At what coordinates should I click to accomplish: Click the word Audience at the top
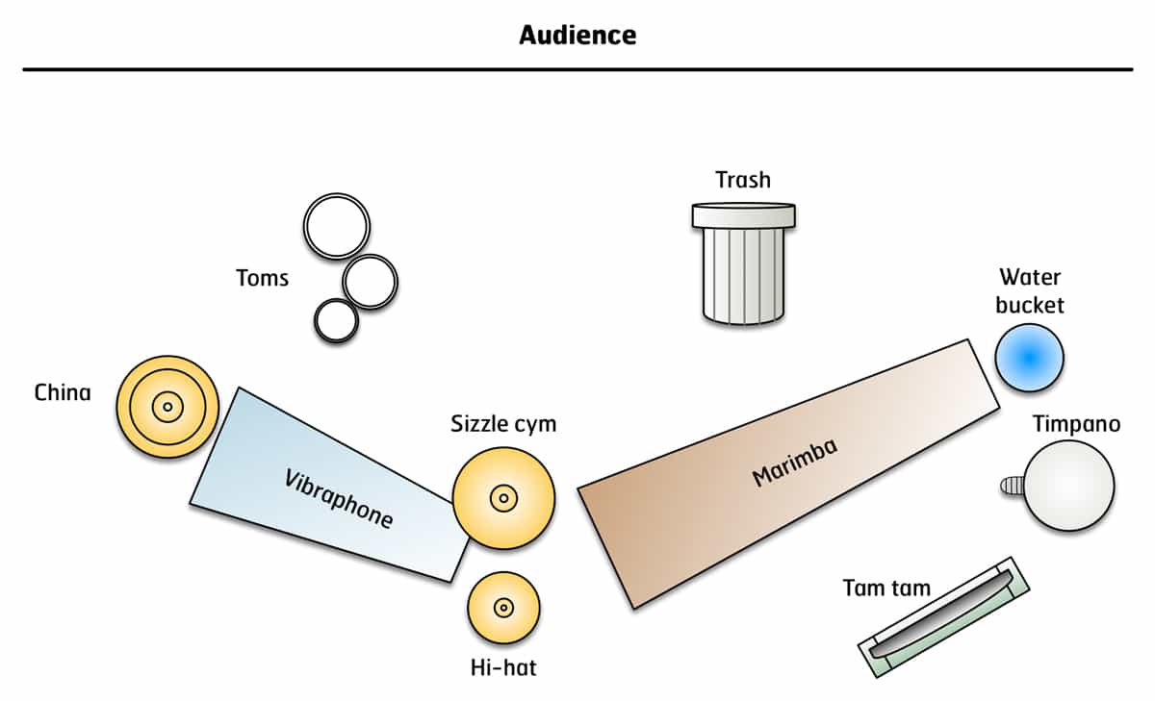pos(577,36)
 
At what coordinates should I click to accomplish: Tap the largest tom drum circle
pos(336,226)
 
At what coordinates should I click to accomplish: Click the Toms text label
pos(262,279)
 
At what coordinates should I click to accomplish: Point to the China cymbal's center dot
pos(167,408)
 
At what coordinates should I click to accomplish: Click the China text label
pos(63,392)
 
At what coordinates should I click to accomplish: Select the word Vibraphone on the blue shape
pos(340,498)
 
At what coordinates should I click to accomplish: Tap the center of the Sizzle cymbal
pos(503,498)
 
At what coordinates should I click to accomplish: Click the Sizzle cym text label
pos(503,424)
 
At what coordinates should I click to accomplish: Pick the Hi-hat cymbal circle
pos(503,608)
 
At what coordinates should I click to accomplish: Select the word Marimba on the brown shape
pos(794,462)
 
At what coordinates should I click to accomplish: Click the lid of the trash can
pos(744,215)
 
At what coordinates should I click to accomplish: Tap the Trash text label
pos(743,180)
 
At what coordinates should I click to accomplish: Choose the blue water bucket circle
pos(1029,357)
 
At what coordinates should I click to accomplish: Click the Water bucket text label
pos(1030,291)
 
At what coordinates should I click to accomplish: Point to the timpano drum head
pos(1068,485)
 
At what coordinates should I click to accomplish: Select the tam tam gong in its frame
pos(943,615)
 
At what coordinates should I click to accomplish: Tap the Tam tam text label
pos(886,588)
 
